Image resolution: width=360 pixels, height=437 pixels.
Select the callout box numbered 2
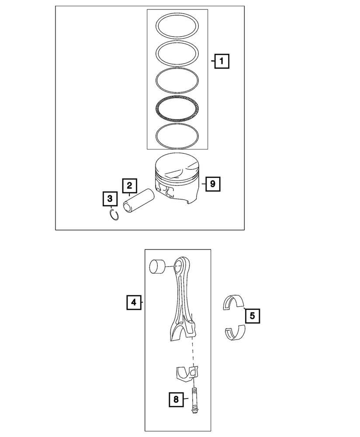129,186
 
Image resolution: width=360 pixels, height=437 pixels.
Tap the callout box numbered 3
110,199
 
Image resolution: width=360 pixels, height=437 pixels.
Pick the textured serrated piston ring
178,108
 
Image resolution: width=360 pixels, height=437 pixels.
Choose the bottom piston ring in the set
178,135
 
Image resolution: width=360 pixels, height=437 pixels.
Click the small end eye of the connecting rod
179,264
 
